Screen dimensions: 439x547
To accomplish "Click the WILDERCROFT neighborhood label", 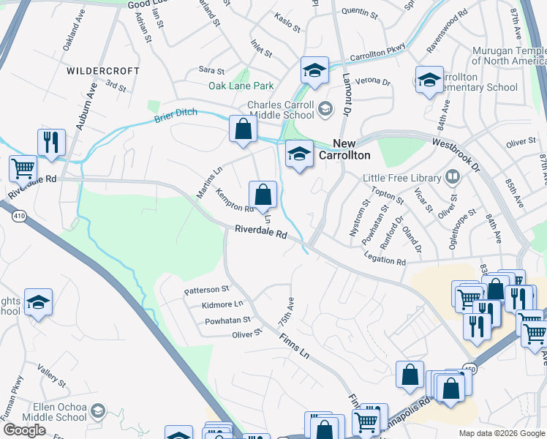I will click(x=102, y=71).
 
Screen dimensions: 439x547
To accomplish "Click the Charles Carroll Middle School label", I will click(x=281, y=110).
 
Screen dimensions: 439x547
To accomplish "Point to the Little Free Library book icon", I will click(x=453, y=178).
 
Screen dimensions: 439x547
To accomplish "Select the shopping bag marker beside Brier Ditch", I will click(x=243, y=129).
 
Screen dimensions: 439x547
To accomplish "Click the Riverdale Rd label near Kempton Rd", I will click(x=260, y=232).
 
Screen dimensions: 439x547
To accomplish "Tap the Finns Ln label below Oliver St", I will click(x=294, y=345).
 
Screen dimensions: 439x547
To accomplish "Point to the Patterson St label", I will click(x=207, y=290).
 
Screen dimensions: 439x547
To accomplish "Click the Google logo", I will click(x=25, y=430).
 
